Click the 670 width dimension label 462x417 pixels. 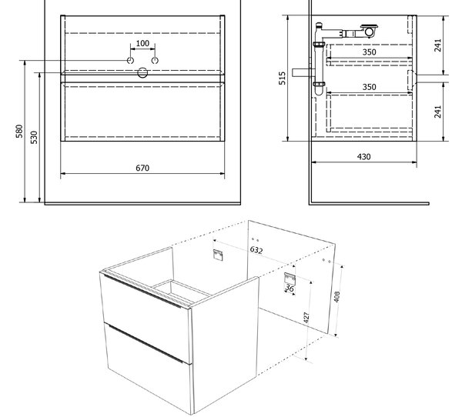(x=142, y=168)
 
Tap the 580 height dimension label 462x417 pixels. (x=19, y=132)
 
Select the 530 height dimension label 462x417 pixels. (x=34, y=137)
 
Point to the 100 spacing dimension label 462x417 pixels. (x=142, y=43)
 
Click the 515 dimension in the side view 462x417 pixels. (x=283, y=78)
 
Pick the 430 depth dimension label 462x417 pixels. (x=364, y=157)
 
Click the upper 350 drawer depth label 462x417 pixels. (x=369, y=52)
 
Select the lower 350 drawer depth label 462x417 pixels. (x=369, y=87)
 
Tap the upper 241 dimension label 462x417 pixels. (x=438, y=45)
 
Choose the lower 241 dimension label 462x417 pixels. (x=438, y=112)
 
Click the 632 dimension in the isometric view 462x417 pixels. (x=256, y=250)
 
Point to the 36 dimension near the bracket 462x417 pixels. (x=290, y=289)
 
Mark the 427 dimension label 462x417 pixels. (x=306, y=318)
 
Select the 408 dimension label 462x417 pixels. (x=336, y=296)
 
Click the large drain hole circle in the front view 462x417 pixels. (x=142, y=73)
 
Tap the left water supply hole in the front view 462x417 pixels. (x=130, y=60)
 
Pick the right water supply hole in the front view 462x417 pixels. (x=155, y=60)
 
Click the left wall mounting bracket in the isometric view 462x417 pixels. (x=218, y=255)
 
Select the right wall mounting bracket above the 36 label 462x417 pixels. (x=290, y=279)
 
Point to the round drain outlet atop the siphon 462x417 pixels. (x=369, y=32)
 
